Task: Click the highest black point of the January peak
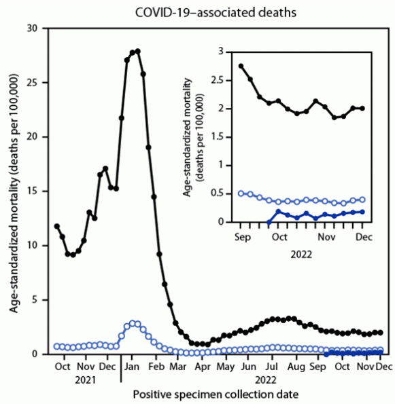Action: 137,51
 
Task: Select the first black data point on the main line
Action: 57,226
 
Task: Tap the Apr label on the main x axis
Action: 201,367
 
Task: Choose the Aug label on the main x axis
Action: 295,367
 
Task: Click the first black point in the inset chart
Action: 241,66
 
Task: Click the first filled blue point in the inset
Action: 269,222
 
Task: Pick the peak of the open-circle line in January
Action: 135,323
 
